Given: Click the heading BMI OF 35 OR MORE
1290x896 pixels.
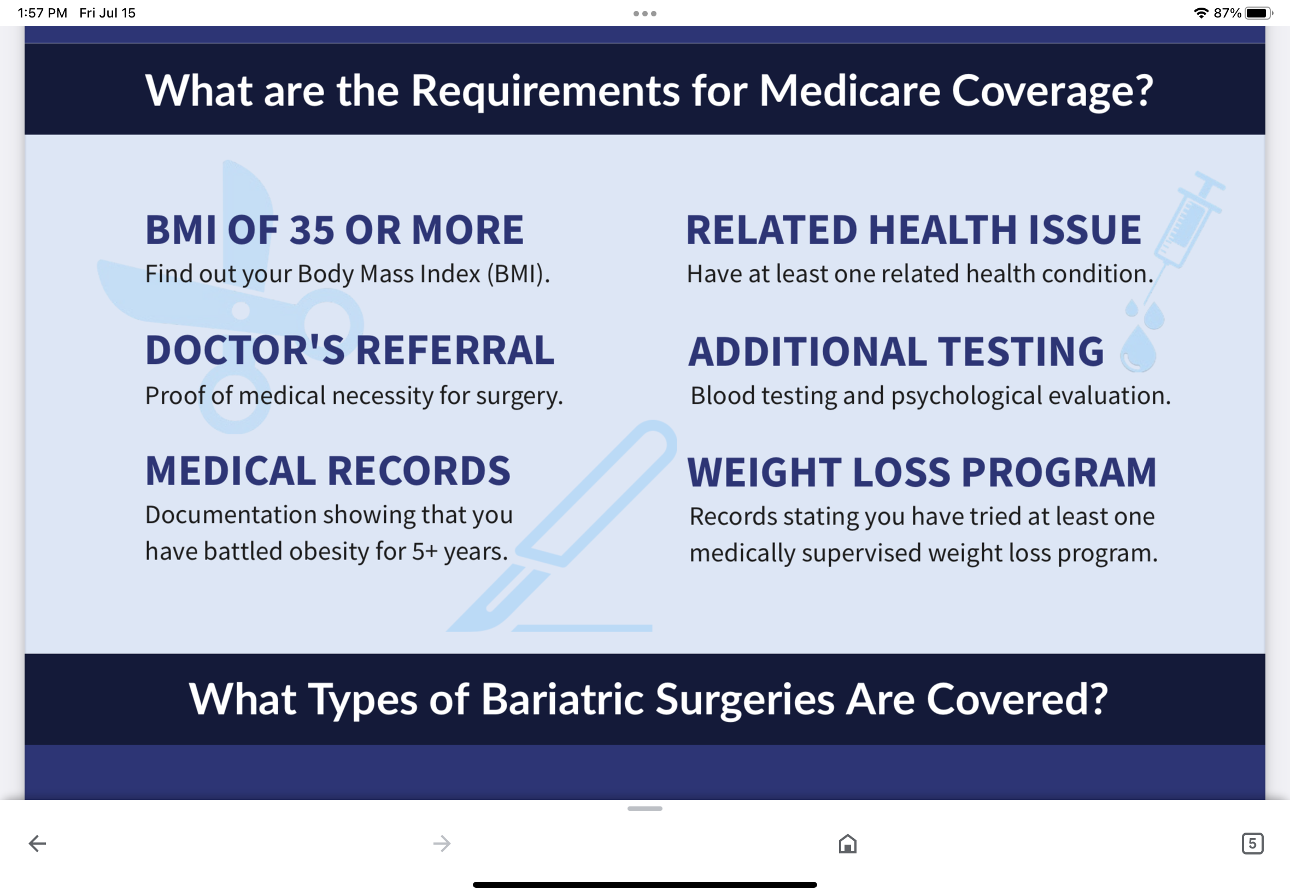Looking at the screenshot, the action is coord(335,230).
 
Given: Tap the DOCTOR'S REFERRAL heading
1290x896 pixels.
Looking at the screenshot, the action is coord(350,350).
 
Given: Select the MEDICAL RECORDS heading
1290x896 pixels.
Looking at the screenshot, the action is coord(328,470).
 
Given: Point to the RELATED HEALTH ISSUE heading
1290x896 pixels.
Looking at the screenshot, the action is coord(914,230).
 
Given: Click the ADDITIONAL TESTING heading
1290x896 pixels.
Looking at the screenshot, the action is coord(896,351).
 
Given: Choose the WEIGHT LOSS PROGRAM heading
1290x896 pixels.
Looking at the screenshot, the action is coord(922,472).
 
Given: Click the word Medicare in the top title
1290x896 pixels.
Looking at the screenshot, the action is coord(849,90).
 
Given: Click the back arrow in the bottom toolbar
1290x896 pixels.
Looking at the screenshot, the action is coord(37,843).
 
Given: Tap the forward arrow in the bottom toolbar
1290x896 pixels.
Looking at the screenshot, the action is coord(442,843).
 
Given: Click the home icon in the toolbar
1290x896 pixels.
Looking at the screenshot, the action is coord(847,843).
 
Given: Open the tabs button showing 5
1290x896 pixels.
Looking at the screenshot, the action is coord(1252,843).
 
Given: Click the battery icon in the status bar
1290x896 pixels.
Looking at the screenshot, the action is coord(1258,13).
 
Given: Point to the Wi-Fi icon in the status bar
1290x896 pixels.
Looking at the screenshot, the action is coord(1201,13).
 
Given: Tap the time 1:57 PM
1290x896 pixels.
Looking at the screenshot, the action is coord(42,13).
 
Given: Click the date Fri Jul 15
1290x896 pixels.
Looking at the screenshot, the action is coord(107,13).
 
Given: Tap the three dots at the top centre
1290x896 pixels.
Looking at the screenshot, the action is coord(644,14).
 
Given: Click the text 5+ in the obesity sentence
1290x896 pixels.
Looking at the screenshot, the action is coord(425,551).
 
